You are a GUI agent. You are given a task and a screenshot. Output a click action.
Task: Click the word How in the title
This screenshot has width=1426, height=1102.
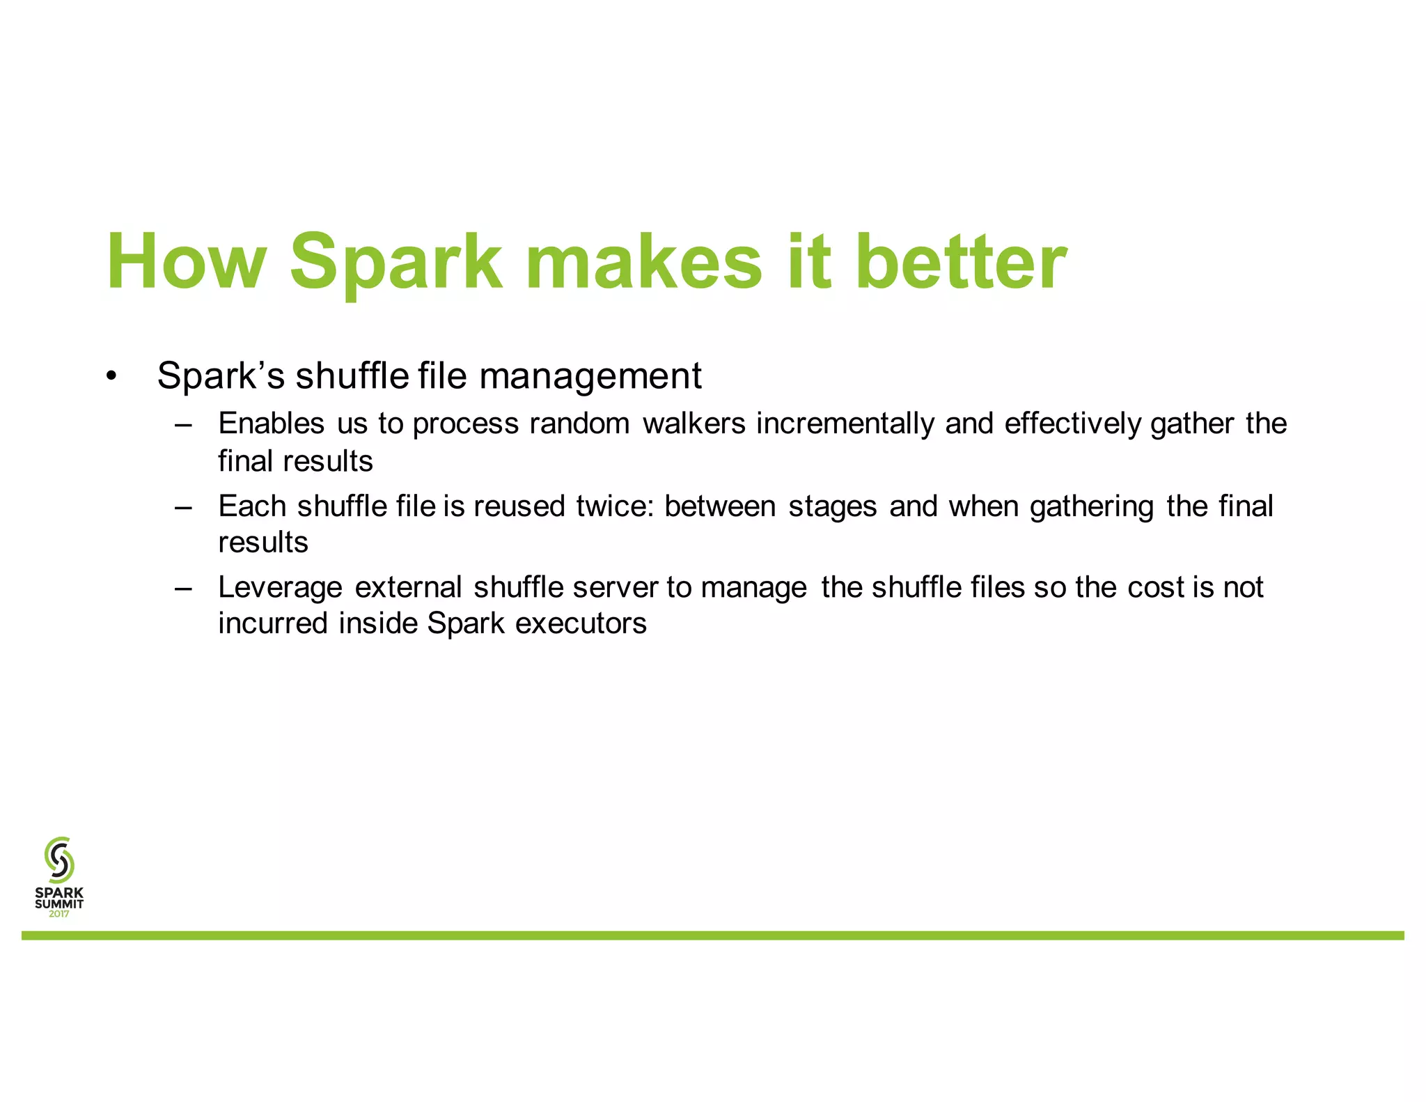(186, 262)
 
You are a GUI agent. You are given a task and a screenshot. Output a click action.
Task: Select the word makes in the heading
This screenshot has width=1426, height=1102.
(644, 262)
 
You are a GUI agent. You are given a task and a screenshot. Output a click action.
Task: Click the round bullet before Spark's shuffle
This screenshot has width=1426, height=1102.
(111, 377)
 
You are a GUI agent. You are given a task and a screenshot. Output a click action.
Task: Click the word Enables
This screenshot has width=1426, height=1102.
(271, 424)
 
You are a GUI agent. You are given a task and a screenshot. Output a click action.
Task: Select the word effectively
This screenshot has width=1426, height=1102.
(1072, 424)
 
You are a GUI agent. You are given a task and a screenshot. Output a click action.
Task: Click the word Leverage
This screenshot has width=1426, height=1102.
(280, 588)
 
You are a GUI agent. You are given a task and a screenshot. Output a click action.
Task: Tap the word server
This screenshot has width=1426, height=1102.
(615, 588)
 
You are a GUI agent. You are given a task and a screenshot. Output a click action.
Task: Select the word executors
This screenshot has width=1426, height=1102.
(581, 623)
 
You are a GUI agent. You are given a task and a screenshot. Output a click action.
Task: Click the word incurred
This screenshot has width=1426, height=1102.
(273, 623)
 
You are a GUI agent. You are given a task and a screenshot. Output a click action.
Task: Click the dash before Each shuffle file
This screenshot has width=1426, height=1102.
(183, 507)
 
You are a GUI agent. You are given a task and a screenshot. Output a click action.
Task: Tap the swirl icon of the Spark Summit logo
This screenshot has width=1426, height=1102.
(59, 860)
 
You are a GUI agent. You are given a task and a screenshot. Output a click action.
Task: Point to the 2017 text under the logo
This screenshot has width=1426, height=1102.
(59, 914)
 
